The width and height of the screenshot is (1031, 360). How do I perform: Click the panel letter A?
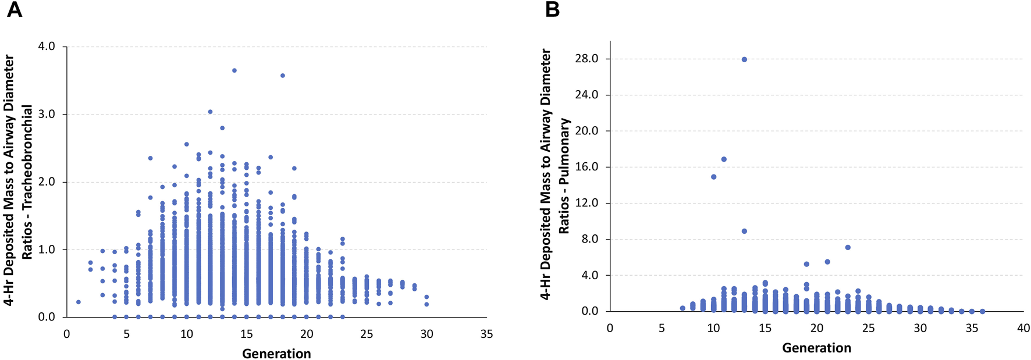pyautogui.click(x=14, y=10)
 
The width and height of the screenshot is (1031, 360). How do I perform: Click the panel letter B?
pyautogui.click(x=552, y=10)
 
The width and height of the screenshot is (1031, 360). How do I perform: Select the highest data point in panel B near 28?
pyautogui.click(x=744, y=59)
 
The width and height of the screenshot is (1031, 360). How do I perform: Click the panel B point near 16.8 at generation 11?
pyautogui.click(x=724, y=159)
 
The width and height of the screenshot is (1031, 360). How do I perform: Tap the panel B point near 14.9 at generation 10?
pyautogui.click(x=714, y=177)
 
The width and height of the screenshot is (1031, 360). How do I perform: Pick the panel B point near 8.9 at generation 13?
pyautogui.click(x=744, y=231)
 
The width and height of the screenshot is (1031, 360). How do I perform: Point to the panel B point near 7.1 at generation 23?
pyautogui.click(x=848, y=248)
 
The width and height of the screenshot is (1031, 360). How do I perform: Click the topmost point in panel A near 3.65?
pyautogui.click(x=234, y=70)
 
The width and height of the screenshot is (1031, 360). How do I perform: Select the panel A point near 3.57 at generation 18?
pyautogui.click(x=283, y=76)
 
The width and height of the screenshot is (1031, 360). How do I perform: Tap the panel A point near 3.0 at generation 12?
pyautogui.click(x=211, y=112)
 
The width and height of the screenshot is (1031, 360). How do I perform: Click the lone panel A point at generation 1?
pyautogui.click(x=79, y=302)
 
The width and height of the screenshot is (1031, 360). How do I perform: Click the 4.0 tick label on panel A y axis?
pyautogui.click(x=47, y=47)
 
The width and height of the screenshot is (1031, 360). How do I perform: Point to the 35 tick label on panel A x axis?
pyautogui.click(x=486, y=334)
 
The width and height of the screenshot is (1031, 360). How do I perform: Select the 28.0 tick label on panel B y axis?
pyautogui.click(x=586, y=59)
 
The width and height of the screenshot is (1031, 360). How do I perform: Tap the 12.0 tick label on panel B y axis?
pyautogui.click(x=586, y=203)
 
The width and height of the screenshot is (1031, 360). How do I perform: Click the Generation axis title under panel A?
pyautogui.click(x=276, y=354)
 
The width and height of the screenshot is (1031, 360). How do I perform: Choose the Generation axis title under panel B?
pyautogui.click(x=816, y=348)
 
